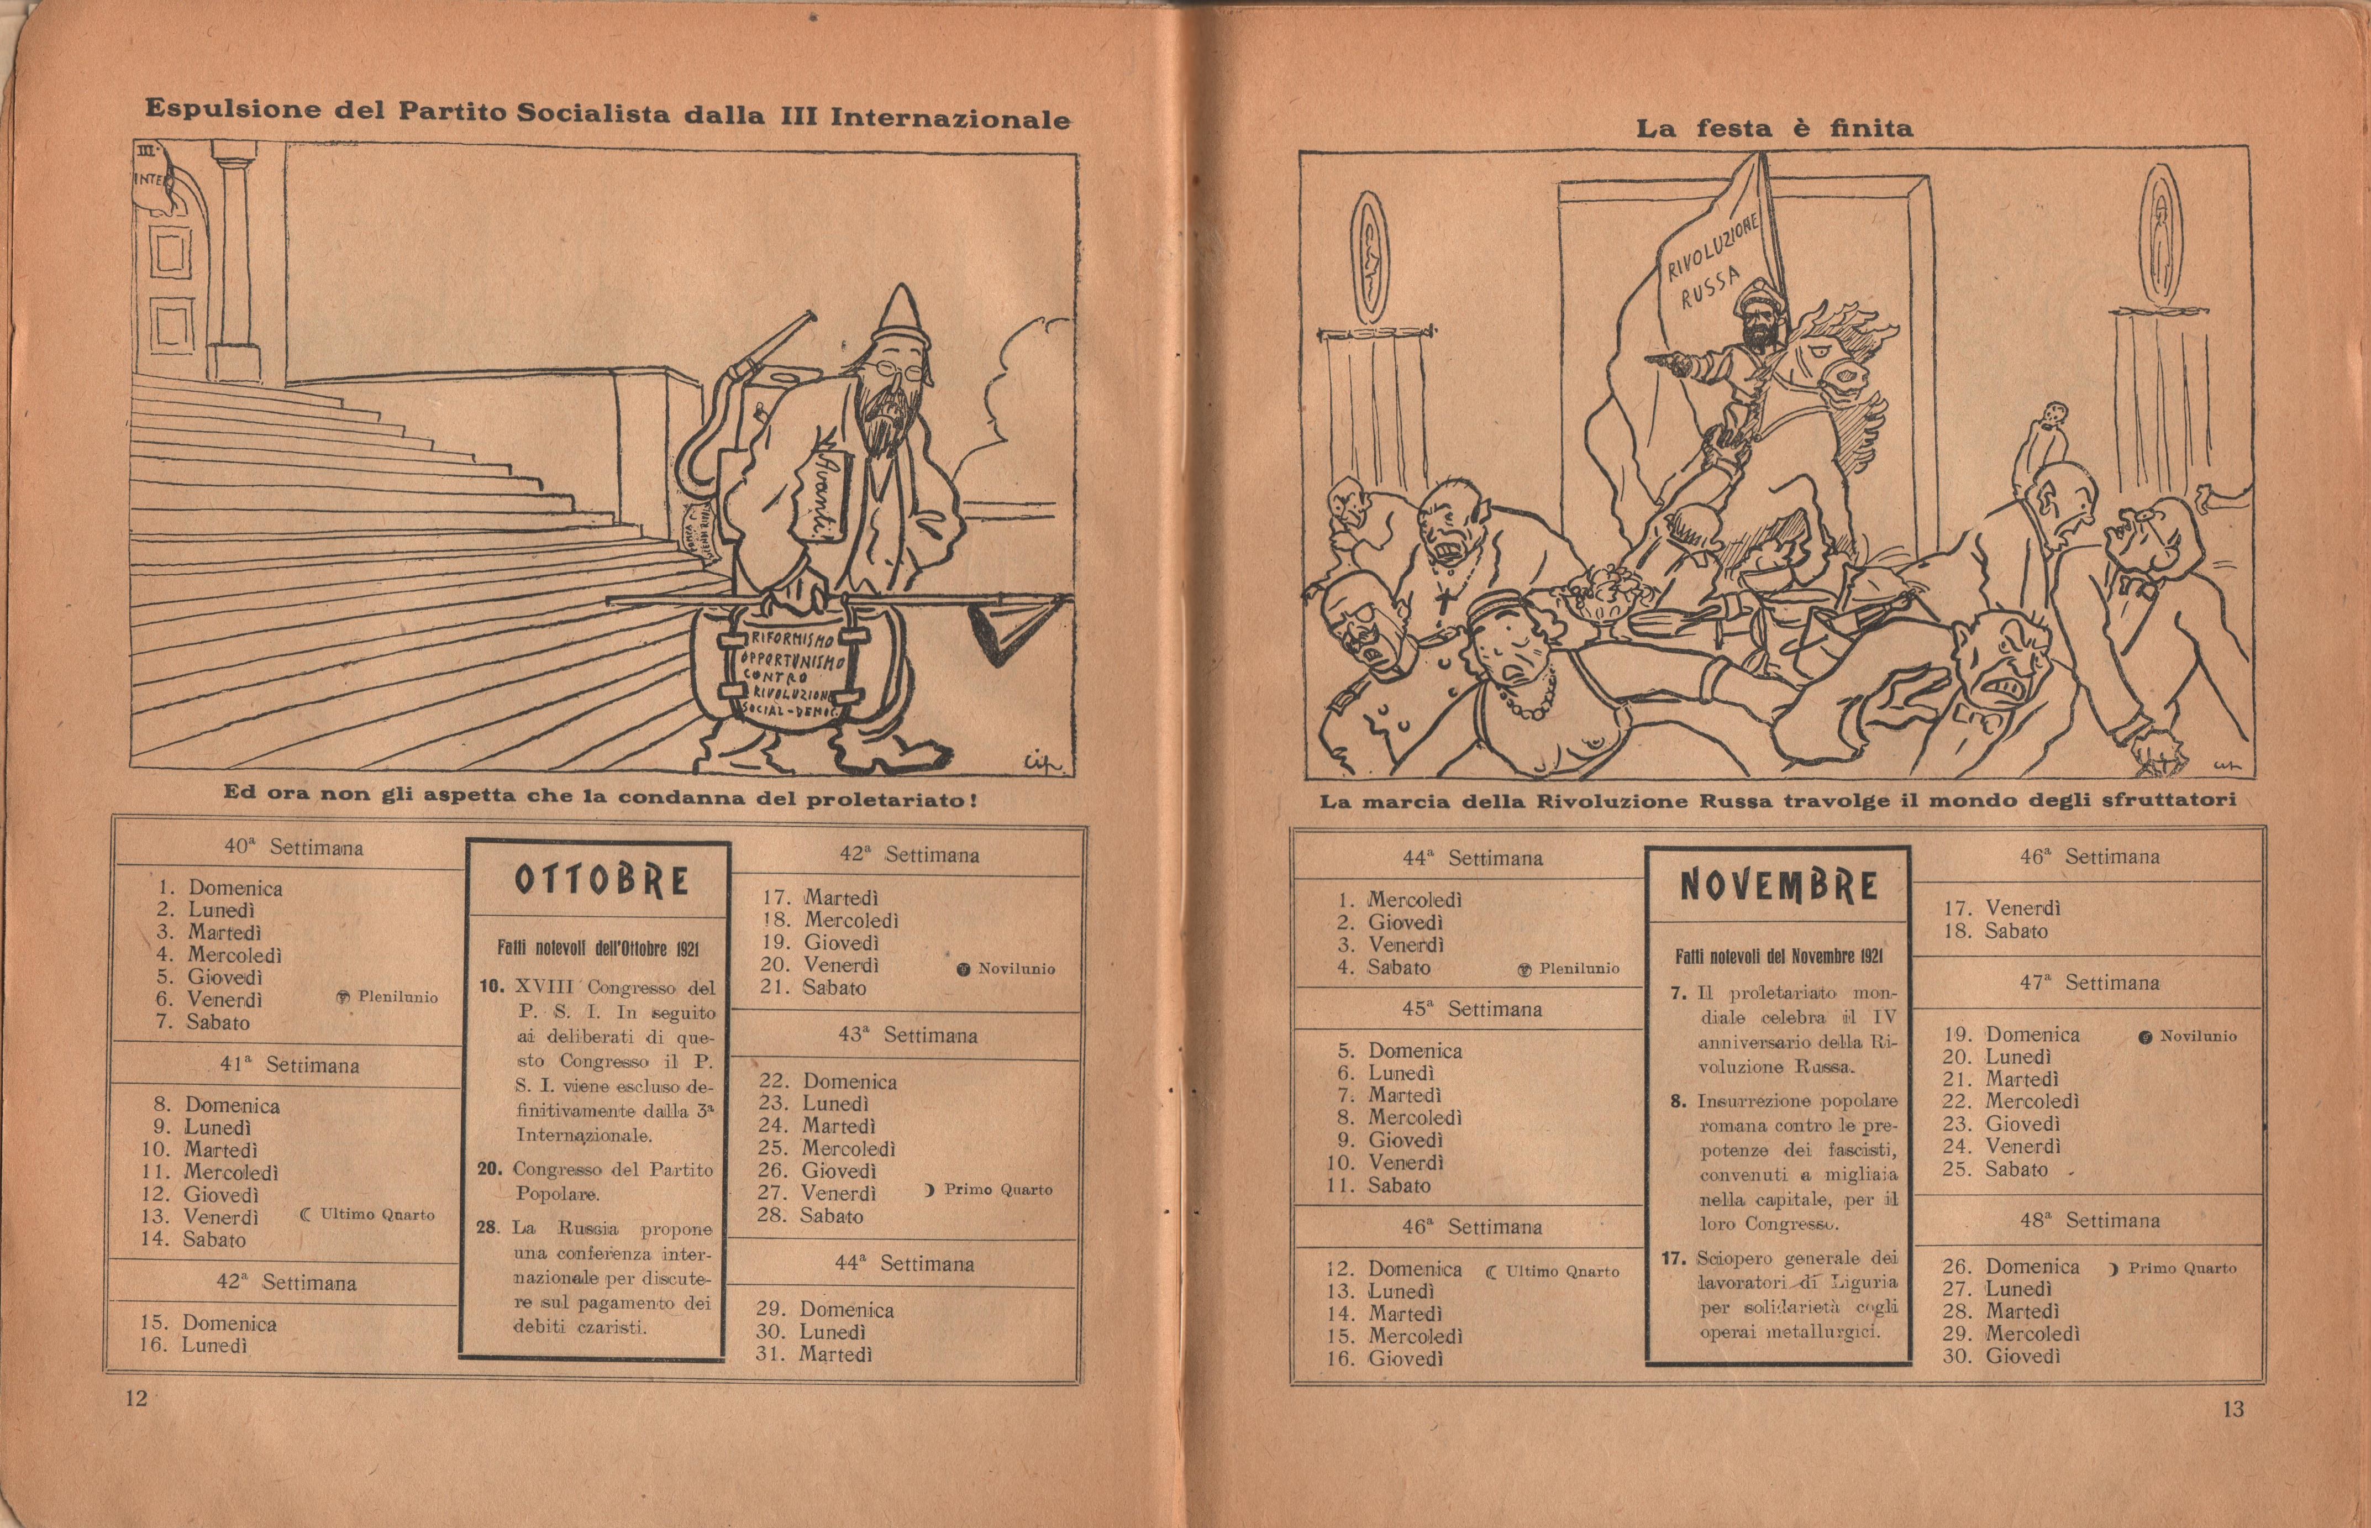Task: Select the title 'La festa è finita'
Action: (1774, 129)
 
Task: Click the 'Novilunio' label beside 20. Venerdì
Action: (1015, 968)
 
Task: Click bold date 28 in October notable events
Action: (487, 1227)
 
